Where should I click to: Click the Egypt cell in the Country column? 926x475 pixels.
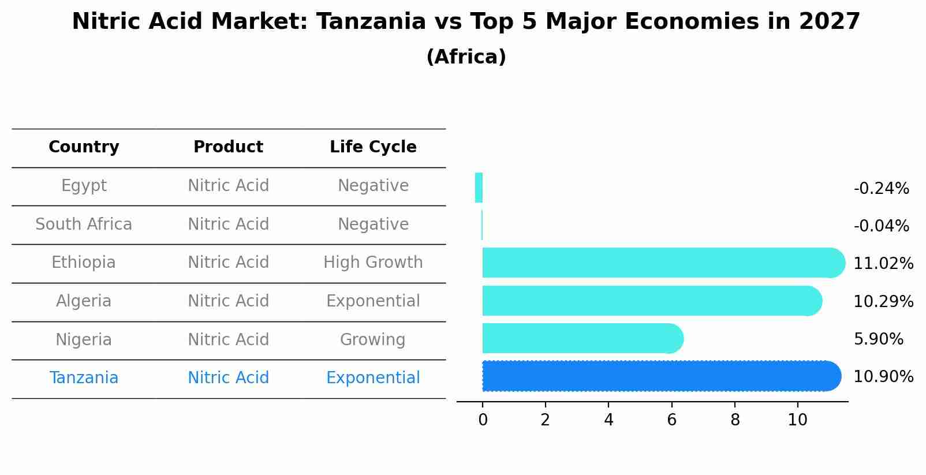pos(84,186)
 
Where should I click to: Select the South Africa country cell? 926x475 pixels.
pos(84,225)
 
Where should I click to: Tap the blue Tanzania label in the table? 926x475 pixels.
pos(84,378)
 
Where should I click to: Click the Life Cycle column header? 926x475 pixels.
pos(373,147)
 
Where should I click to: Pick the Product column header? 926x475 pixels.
pos(228,147)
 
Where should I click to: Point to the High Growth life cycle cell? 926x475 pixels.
pos(373,263)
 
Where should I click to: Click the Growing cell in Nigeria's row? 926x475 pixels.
pos(373,340)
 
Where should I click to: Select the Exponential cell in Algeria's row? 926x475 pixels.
pos(373,301)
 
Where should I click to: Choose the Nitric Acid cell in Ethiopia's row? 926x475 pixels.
pos(228,263)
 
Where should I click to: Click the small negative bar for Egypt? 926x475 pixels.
pos(479,188)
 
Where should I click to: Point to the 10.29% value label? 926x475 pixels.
pos(883,302)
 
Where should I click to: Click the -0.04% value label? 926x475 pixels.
pos(881,226)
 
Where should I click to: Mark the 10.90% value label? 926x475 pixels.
pos(883,377)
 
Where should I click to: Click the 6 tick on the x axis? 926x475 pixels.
pos(671,420)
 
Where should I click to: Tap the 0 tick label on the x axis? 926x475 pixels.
pos(483,420)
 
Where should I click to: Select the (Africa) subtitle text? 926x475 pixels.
pos(466,57)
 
